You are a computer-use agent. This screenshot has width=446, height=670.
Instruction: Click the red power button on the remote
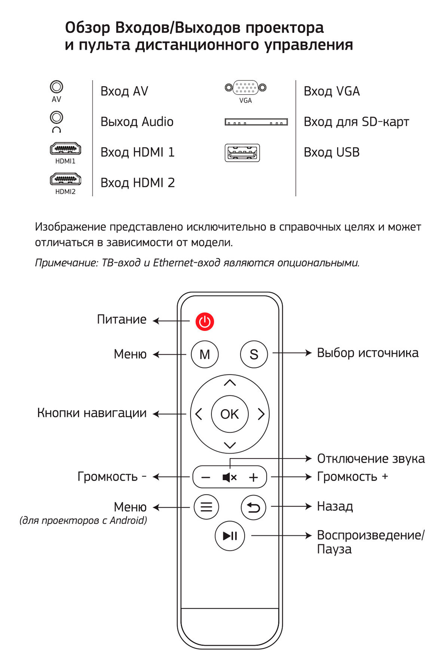click(204, 321)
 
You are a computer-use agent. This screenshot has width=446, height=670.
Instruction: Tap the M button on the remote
click(204, 354)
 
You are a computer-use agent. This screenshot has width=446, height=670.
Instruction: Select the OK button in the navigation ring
click(229, 414)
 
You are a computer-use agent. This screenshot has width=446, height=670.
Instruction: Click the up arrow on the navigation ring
click(230, 383)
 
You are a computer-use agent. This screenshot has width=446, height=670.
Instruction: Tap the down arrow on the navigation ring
click(230, 445)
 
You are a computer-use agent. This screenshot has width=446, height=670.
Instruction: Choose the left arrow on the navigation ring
click(198, 414)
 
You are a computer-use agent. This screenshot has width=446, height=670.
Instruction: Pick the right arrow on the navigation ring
click(261, 414)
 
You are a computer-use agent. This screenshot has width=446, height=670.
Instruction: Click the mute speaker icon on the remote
click(229, 477)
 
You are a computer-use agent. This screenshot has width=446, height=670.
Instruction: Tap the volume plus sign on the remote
click(253, 477)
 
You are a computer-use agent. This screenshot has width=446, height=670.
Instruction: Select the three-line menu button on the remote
click(206, 507)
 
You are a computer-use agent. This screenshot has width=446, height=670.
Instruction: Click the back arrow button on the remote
click(253, 507)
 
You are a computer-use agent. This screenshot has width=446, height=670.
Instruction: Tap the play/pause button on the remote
click(230, 536)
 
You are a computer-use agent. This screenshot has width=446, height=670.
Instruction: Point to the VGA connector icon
click(245, 88)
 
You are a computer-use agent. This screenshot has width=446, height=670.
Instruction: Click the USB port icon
click(242, 153)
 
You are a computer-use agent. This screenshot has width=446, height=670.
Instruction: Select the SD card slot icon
click(256, 122)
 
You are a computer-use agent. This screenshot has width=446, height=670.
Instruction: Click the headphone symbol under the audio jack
click(56, 130)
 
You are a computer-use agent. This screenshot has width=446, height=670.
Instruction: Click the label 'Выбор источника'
click(367, 353)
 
